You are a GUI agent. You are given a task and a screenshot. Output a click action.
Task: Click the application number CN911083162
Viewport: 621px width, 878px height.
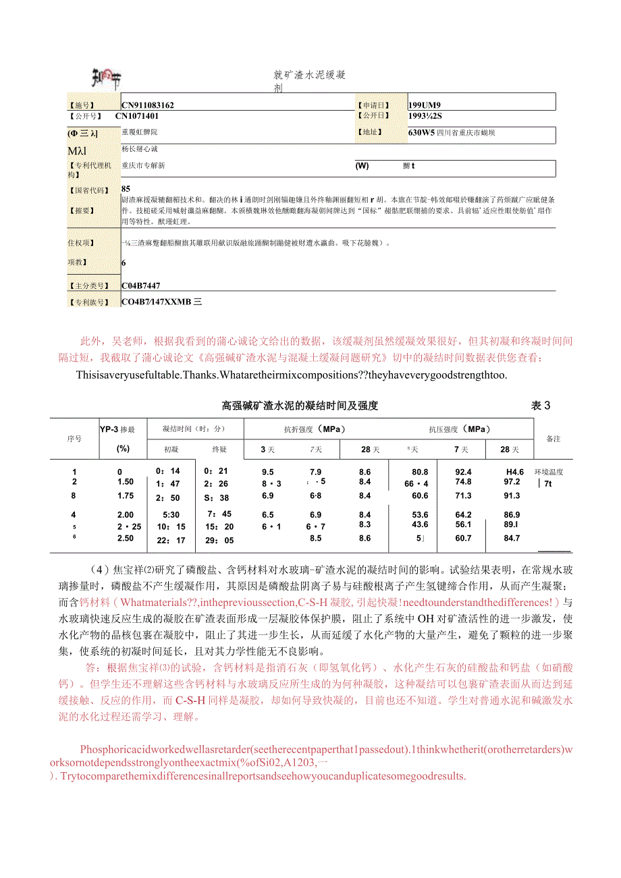[148, 105]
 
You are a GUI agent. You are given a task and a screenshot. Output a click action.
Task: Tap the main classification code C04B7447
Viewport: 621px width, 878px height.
[141, 286]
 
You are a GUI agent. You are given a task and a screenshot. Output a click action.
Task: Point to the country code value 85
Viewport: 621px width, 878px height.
[126, 189]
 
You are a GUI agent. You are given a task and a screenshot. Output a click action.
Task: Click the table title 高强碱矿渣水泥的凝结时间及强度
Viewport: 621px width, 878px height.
[300, 406]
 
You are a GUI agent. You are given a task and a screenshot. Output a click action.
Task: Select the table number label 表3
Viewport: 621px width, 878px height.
[541, 406]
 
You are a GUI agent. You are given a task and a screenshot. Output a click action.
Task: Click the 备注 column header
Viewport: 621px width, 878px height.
[553, 439]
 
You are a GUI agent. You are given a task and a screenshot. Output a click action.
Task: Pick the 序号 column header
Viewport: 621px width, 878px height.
[74, 439]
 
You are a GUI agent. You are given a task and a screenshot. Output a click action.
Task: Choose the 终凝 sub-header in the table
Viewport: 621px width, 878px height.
[219, 449]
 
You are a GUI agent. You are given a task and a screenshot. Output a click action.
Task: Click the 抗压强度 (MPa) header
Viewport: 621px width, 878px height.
[459, 429]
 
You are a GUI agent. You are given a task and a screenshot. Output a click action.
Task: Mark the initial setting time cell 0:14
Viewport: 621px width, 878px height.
[167, 472]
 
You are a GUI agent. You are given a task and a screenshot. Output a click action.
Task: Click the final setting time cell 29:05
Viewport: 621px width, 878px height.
[219, 539]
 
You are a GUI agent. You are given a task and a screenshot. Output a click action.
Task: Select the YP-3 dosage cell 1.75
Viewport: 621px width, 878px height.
[125, 496]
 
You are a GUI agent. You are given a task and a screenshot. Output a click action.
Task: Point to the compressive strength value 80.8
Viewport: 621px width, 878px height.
[420, 472]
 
